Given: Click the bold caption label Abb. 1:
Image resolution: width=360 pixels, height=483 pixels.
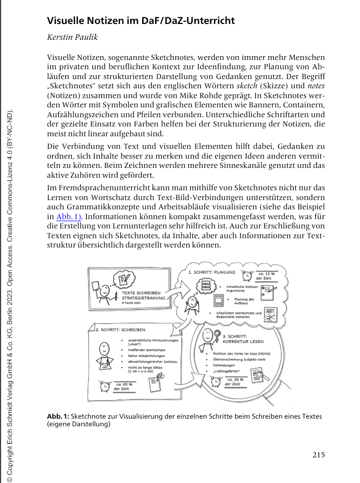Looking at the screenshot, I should [58, 416].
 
